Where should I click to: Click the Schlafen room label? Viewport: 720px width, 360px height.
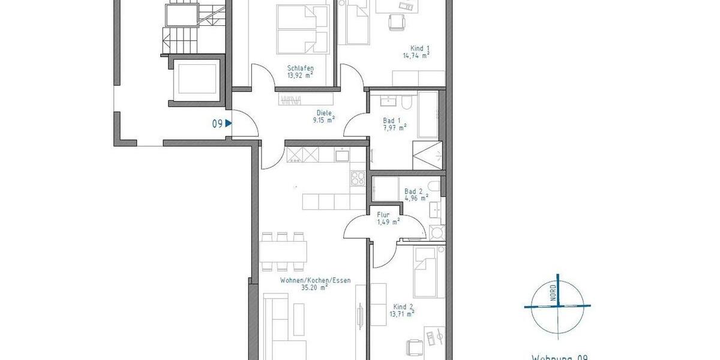coord(301,68)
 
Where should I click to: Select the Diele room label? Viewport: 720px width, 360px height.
coord(324,112)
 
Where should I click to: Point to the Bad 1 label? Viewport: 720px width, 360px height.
coord(392,121)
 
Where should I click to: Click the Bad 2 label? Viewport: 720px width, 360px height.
coord(413,191)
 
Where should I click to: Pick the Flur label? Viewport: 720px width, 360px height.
coord(383,214)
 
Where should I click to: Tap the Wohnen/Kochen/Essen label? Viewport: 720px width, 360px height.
coord(315,280)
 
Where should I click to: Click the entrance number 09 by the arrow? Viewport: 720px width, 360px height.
coord(218,124)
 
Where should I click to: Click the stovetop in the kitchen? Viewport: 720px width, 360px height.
coord(358,178)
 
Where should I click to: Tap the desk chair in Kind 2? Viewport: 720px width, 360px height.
coord(415,347)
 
